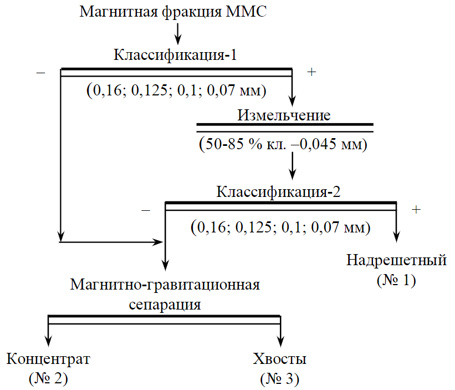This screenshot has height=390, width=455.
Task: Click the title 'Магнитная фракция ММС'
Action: click(174, 11)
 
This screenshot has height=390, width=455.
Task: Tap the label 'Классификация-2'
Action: click(278, 192)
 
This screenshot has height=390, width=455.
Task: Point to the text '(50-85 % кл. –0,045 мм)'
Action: click(283, 145)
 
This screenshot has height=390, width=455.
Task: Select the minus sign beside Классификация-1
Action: click(40, 73)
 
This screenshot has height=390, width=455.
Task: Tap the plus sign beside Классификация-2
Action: click(416, 210)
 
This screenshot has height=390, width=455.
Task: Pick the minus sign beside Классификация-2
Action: click(146, 210)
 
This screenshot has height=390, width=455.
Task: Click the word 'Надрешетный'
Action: click(397, 260)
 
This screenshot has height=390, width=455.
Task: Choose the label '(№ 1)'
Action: click(396, 281)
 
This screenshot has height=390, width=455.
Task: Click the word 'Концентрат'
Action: click(48, 358)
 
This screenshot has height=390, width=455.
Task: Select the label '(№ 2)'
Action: click(48, 378)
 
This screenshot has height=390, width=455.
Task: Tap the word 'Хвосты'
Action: click(279, 358)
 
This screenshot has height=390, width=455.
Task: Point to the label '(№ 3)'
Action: click(279, 378)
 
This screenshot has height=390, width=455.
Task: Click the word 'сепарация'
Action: click(165, 305)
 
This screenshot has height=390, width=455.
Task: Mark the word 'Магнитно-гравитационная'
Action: click(165, 285)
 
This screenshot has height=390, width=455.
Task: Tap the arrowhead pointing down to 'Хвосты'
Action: click(280, 339)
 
